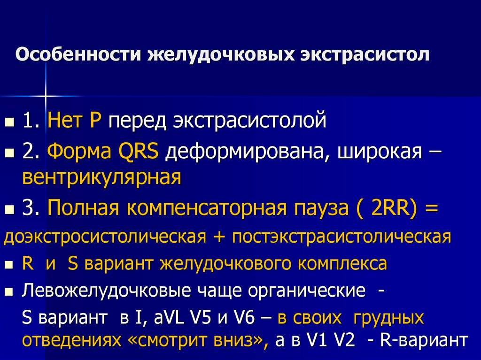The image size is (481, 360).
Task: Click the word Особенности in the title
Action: click(78, 54)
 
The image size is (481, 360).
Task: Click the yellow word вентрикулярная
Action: click(102, 178)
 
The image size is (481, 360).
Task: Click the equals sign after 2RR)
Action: click(431, 209)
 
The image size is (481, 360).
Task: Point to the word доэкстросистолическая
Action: click(105, 237)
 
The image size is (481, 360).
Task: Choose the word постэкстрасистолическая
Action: click(341, 237)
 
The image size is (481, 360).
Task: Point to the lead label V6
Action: click(244, 318)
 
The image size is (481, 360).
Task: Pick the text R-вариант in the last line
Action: click(424, 340)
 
